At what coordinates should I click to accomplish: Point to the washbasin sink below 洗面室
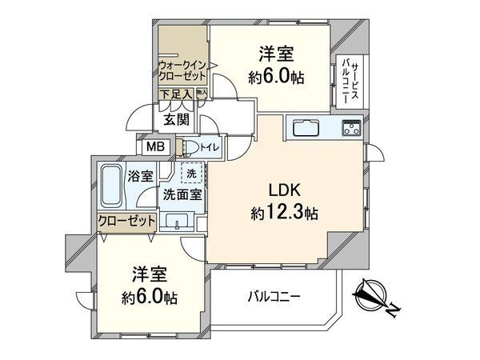tap(176, 221)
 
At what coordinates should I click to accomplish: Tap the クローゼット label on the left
tap(126, 221)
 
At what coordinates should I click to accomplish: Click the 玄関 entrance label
tap(175, 120)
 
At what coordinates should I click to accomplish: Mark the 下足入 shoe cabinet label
tap(174, 94)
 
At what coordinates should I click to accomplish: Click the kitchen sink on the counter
tap(306, 128)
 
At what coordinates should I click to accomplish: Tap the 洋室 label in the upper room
tap(275, 54)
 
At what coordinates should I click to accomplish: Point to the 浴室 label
tap(141, 176)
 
